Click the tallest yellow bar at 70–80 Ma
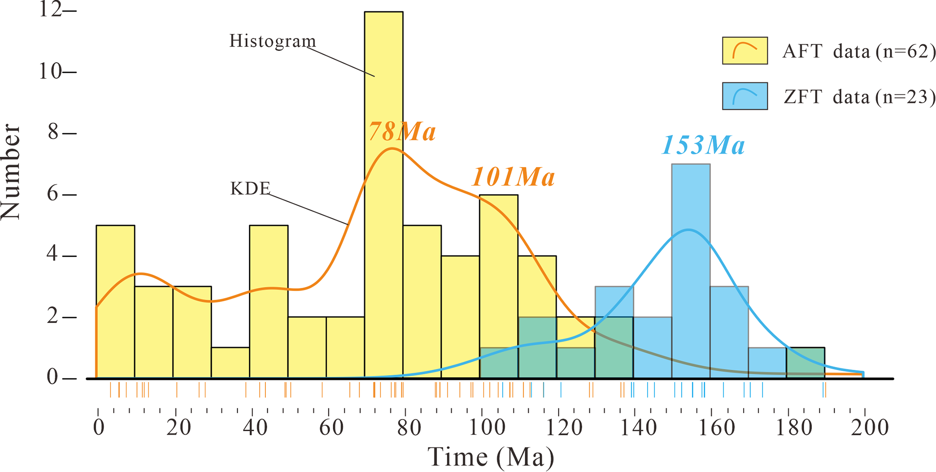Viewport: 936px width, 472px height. coord(384,91)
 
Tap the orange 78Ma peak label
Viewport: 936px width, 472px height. coord(402,132)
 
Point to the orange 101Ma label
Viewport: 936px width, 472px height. coord(513,177)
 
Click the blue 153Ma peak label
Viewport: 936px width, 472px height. coord(703,146)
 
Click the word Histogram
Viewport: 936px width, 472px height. coord(273,41)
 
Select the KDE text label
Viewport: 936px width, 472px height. coord(250,189)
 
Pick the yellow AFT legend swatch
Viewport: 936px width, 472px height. coord(744,51)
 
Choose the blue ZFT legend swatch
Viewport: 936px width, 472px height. coord(744,96)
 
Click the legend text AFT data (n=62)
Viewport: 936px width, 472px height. coord(859,52)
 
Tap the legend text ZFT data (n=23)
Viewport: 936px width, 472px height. coord(859,97)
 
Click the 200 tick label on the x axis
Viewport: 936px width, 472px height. coord(869,428)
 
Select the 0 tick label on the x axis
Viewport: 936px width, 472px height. coord(98,428)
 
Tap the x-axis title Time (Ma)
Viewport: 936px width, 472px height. coord(491,457)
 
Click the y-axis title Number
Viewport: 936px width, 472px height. coord(11,172)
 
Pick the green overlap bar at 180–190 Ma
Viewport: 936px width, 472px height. coord(805,363)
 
